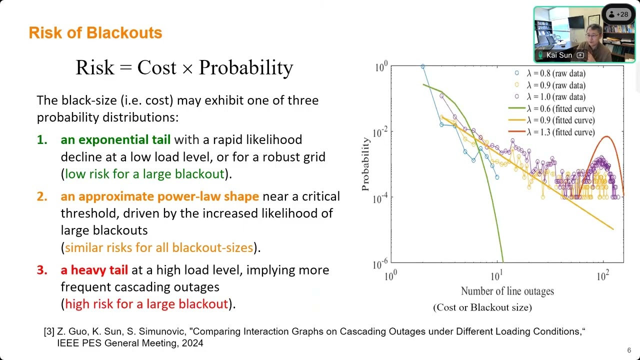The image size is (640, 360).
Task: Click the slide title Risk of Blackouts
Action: point(95,33)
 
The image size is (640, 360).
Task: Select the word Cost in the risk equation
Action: point(157,67)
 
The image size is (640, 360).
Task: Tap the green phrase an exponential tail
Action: point(115,140)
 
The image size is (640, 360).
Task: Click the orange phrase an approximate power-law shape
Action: point(159,196)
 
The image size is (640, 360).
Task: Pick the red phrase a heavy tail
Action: point(94,270)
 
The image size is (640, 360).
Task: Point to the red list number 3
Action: point(42,270)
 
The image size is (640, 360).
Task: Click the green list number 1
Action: point(42,140)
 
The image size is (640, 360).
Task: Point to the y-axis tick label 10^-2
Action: point(379,132)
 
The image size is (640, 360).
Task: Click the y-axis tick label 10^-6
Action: point(379,263)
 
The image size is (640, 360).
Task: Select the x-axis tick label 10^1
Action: point(496,275)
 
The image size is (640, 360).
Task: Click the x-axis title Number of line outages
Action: point(507,291)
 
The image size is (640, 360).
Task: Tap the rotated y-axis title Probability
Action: point(365,164)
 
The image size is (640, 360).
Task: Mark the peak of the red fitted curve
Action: point(606,136)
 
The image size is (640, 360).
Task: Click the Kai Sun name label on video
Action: point(559,55)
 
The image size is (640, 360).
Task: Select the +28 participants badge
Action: point(619,14)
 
